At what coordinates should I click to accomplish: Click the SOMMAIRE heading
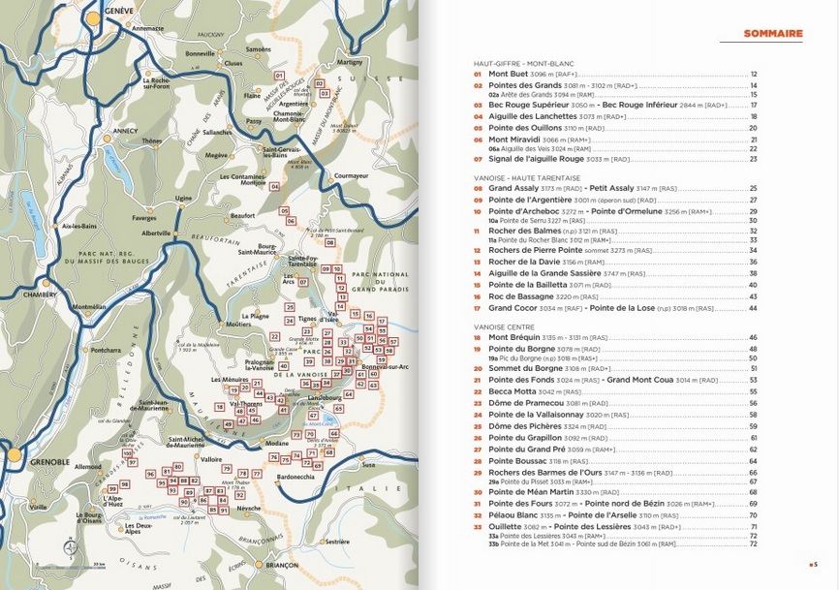point(772,34)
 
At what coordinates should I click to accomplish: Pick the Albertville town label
point(156,233)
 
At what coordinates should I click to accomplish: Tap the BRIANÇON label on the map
point(281,565)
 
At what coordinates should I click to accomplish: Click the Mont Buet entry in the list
point(509,74)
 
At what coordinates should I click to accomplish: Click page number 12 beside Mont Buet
point(754,74)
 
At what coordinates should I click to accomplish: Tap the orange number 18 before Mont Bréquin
point(478,337)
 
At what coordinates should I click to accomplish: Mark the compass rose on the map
point(69,548)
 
